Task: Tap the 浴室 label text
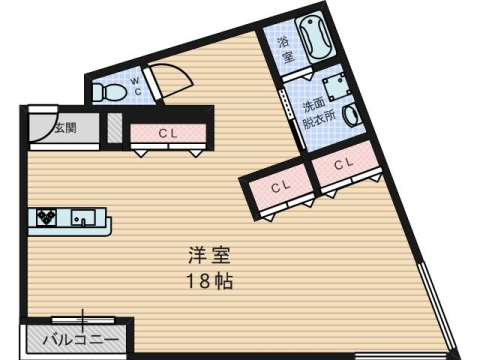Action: pyautogui.click(x=285, y=50)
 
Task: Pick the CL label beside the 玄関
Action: pyautogui.click(x=168, y=133)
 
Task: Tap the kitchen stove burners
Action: pyautogui.click(x=47, y=216)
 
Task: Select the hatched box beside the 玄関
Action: pyautogui.click(x=115, y=128)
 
